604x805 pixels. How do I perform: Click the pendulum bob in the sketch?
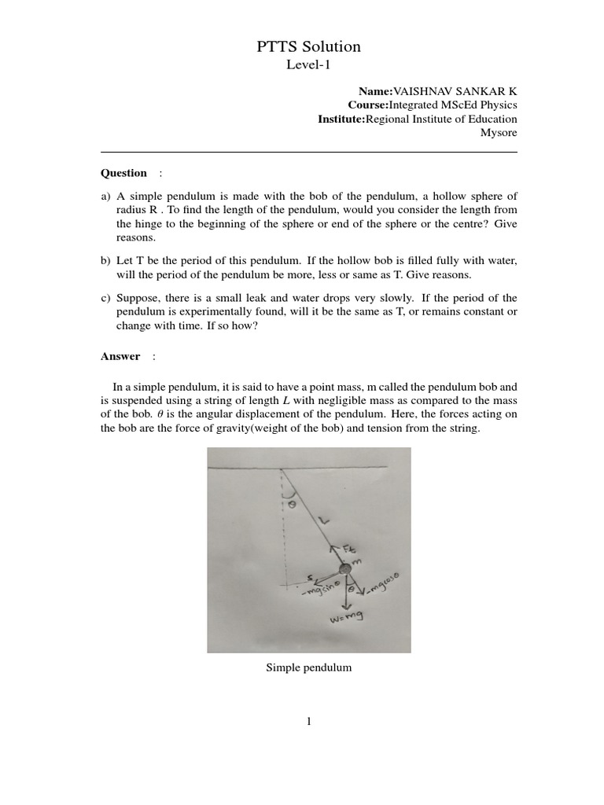click(x=344, y=569)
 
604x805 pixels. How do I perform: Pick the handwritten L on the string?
click(x=325, y=519)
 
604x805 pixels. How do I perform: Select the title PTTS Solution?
click(x=309, y=47)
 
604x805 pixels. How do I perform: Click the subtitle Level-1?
click(x=309, y=66)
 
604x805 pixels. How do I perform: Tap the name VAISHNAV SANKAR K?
click(x=455, y=91)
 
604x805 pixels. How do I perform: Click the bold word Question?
click(x=123, y=173)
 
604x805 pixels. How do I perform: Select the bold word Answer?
click(x=120, y=356)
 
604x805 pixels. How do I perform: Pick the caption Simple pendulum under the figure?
click(x=309, y=667)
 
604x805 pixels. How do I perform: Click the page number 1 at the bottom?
click(x=309, y=722)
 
